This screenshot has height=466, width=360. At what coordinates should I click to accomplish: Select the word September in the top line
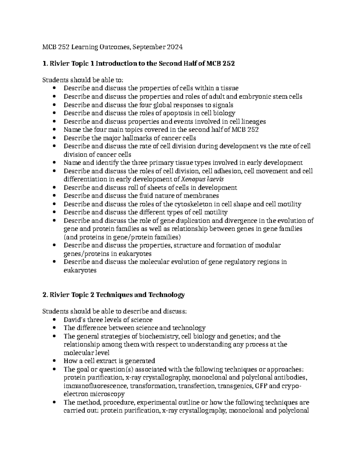pos(148,47)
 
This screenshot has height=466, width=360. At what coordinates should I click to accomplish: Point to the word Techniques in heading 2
pos(115,295)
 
